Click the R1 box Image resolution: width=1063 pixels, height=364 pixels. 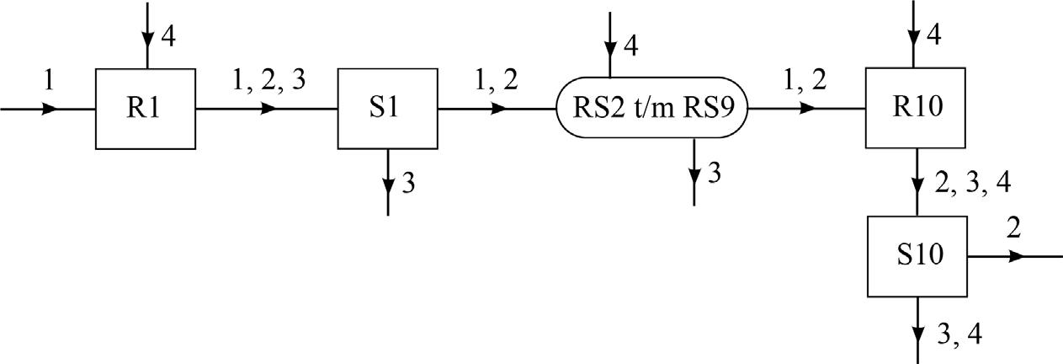click(146, 109)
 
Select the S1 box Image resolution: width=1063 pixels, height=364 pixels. click(387, 109)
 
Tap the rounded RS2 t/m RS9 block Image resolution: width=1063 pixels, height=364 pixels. click(652, 109)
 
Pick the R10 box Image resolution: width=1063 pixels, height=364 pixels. click(917, 109)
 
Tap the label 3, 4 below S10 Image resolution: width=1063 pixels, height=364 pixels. click(958, 334)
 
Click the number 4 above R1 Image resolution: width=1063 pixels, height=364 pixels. click(167, 39)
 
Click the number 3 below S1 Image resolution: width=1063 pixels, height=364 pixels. click(407, 184)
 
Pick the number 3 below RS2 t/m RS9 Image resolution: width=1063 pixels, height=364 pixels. click(714, 174)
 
